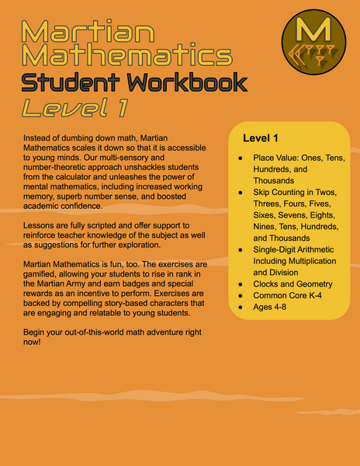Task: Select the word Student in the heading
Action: pos(72,83)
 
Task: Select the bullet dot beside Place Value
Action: pos(241,158)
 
